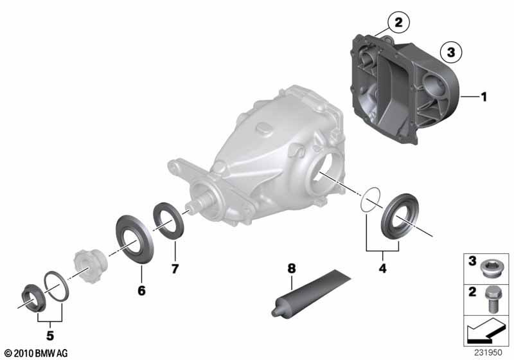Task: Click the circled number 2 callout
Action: (398, 22)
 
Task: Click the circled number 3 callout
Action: (451, 52)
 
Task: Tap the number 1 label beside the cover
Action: (484, 97)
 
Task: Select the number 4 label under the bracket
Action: (382, 269)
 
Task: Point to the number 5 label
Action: (50, 336)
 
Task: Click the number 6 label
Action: (141, 291)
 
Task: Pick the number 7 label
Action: (175, 269)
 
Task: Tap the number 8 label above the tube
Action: (292, 269)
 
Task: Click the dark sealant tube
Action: (310, 294)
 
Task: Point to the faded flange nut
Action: (89, 265)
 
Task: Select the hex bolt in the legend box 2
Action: (490, 300)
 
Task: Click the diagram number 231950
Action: (488, 352)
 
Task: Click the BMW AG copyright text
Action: (37, 353)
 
